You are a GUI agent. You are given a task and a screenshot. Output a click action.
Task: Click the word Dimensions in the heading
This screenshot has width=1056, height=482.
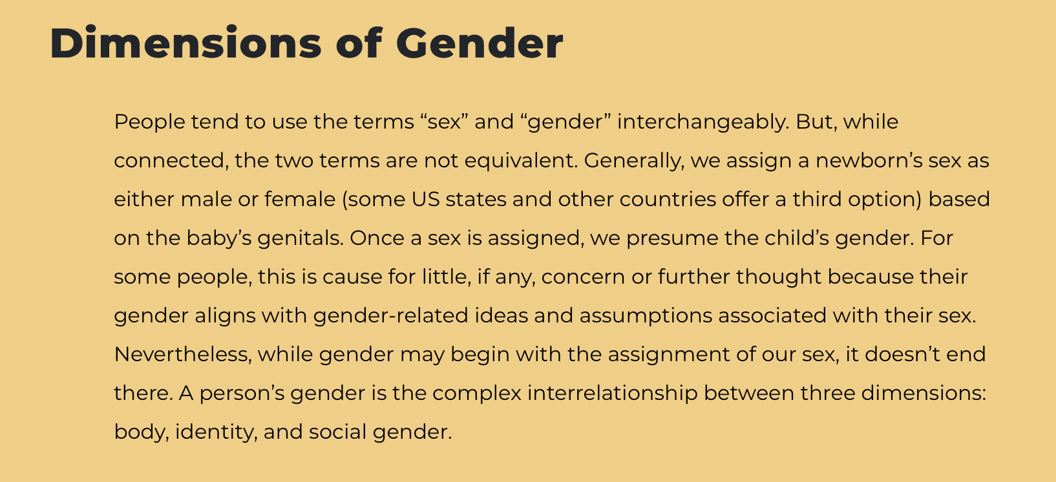pyautogui.click(x=185, y=43)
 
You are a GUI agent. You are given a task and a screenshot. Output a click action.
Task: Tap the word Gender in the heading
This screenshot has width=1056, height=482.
pyautogui.click(x=480, y=43)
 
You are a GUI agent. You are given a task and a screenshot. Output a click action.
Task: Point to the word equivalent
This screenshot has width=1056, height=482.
pyautogui.click(x=521, y=161)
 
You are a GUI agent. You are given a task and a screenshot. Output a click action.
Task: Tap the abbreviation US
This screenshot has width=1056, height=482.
pyautogui.click(x=426, y=199)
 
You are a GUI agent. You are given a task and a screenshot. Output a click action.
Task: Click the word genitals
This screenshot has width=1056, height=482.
pyautogui.click(x=301, y=238)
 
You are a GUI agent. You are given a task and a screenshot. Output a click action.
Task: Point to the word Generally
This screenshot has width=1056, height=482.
pyautogui.click(x=634, y=161)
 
